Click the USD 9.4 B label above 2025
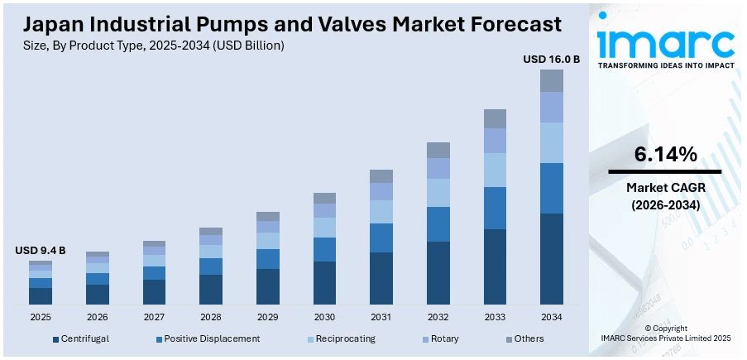(x=41, y=250)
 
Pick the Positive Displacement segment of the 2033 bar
(x=495, y=208)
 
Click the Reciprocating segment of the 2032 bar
(x=438, y=193)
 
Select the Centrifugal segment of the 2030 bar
(x=325, y=282)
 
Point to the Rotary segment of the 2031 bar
(x=381, y=191)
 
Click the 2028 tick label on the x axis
(x=211, y=317)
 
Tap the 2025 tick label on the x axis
(x=41, y=317)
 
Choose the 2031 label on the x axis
(x=381, y=317)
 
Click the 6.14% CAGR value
(x=665, y=154)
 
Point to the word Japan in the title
(x=51, y=24)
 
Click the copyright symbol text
(x=665, y=329)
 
